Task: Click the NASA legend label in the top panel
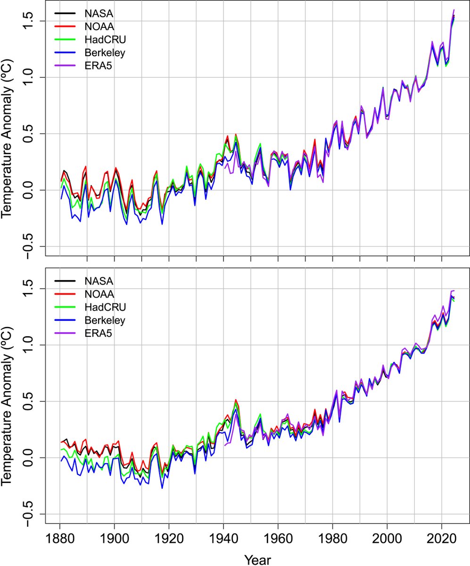[x=98, y=14]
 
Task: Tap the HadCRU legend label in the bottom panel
[x=102, y=308]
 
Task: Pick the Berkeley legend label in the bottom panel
[x=105, y=321]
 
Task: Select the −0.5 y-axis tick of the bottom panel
[x=30, y=514]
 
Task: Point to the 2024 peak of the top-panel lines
[x=454, y=10]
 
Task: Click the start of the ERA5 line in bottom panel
[x=225, y=445]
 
